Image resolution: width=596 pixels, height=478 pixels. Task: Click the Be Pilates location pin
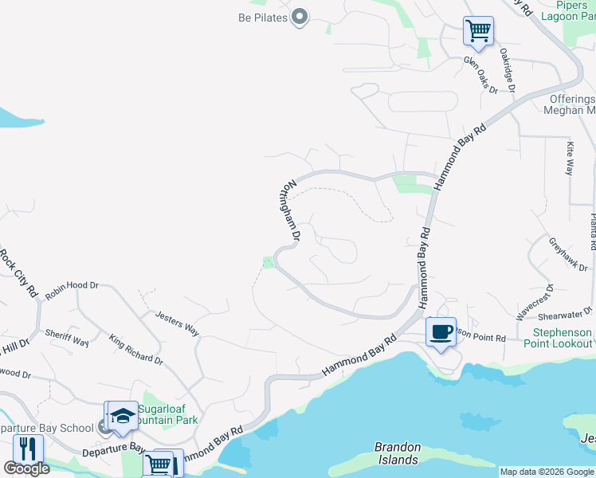click(x=300, y=17)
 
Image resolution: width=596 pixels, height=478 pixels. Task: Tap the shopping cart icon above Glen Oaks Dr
click(x=478, y=32)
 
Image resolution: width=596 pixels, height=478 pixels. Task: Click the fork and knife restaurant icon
click(x=28, y=449)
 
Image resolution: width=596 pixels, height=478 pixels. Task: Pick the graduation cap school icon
click(x=123, y=417)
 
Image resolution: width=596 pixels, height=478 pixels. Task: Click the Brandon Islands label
click(x=398, y=453)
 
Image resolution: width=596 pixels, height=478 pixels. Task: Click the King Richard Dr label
click(x=136, y=349)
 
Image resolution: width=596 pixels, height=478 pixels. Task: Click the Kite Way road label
click(x=570, y=159)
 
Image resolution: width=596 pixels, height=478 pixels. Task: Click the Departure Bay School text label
click(x=47, y=428)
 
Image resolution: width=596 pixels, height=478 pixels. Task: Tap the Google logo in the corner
click(x=26, y=468)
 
